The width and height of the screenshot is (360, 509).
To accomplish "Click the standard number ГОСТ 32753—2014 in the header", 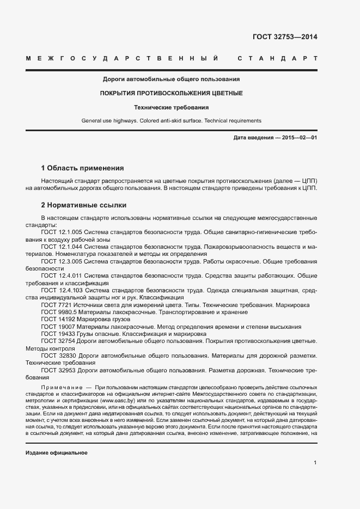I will click(284, 38).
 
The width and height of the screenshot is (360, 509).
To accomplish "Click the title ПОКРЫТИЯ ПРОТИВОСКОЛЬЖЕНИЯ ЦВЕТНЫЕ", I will click(171, 93).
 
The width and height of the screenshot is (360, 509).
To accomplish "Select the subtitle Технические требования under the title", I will click(171, 107).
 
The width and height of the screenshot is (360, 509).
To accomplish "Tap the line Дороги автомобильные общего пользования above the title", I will click(171, 79).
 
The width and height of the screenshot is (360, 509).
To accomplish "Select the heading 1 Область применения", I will click(82, 168).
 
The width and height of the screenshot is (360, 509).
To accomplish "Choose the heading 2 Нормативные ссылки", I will click(83, 205).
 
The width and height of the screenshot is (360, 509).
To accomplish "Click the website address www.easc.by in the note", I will click(117, 400).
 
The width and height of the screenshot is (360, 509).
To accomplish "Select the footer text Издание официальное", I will click(57, 453).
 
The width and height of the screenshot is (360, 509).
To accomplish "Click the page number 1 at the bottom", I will click(315, 463).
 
